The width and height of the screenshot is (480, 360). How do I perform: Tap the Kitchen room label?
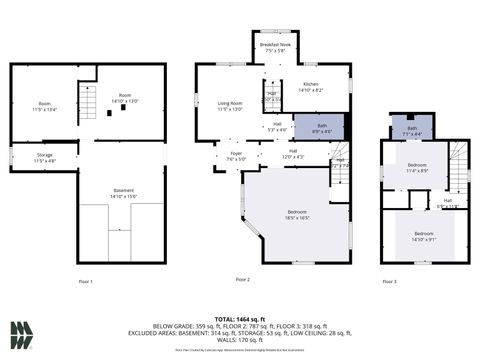click(310, 88)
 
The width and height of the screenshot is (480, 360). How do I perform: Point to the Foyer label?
click(234, 157)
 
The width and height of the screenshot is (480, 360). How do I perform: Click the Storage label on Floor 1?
click(45, 157)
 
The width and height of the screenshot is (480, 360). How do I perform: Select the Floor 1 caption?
click(85, 282)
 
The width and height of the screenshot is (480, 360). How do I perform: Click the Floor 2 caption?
click(242, 279)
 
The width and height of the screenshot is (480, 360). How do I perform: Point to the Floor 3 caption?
click(389, 282)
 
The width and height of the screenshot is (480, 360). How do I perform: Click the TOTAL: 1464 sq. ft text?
click(240, 317)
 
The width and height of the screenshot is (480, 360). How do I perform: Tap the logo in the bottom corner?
click(22, 334)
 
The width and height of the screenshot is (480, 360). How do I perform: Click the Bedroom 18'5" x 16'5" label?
click(297, 214)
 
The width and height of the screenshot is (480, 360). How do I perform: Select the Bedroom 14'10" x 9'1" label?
click(425, 235)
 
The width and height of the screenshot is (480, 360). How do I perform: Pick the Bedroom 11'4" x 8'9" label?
click(417, 168)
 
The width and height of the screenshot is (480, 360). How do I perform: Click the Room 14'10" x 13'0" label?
click(125, 99)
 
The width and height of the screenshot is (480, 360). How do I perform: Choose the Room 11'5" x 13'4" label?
click(45, 106)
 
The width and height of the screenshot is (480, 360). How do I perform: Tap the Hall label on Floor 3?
click(448, 203)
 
